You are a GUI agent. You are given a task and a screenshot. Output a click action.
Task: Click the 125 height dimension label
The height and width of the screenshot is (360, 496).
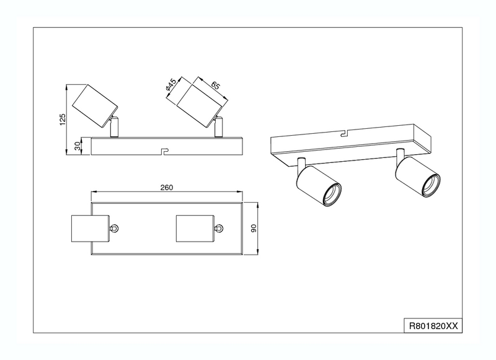coord(63,120)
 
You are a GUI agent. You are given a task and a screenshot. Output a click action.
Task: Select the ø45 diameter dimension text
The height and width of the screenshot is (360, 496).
coord(171,86)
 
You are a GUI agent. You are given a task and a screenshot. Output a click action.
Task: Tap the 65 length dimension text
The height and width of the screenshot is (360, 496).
coord(215,86)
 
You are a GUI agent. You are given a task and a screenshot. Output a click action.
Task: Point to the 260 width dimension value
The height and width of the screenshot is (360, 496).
coord(167,187)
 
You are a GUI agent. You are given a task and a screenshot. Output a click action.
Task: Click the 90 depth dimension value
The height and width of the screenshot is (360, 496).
coord(254,228)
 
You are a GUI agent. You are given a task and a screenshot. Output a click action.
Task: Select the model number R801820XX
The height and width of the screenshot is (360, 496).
coord(433,326)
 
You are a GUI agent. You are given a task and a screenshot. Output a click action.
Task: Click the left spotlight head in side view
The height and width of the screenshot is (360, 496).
coord(95,106)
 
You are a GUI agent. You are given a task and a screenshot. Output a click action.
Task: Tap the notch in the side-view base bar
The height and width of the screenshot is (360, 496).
coord(164,151)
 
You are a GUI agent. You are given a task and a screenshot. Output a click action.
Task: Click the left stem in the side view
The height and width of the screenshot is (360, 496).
coord(115,127)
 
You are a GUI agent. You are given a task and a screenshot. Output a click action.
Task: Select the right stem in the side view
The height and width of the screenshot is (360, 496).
coord(219,127)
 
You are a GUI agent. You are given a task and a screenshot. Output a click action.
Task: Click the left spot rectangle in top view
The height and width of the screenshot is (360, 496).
coord(91,229)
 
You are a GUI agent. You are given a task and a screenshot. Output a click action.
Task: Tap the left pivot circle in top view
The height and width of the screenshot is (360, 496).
coord(115,229)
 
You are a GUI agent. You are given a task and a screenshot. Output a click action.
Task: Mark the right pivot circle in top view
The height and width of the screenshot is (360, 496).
coord(219,229)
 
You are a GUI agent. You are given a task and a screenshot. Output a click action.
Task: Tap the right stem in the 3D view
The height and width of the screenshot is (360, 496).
coord(401,155)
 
